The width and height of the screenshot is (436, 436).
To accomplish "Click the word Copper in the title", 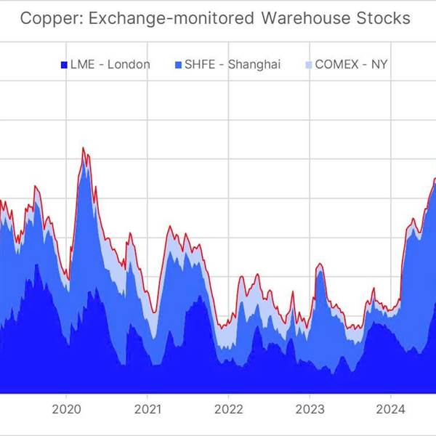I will pyautogui.click(x=44, y=18).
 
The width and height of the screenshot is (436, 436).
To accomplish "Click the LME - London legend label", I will pyautogui.click(x=110, y=64).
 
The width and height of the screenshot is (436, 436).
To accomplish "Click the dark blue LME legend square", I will pyautogui.click(x=64, y=65).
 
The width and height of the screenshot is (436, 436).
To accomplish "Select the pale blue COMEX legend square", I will pyautogui.click(x=307, y=65).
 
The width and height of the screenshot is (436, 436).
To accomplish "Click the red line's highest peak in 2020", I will pyautogui.click(x=84, y=148).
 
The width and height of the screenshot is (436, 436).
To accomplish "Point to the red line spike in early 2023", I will pyautogui.click(x=319, y=264).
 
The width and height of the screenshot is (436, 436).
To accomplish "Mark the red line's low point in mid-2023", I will pyautogui.click(x=351, y=328).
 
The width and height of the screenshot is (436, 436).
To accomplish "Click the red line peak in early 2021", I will pyautogui.click(x=170, y=227).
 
